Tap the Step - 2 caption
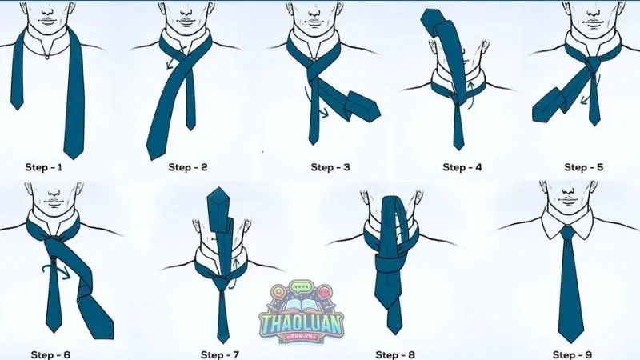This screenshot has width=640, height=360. (x=187, y=167)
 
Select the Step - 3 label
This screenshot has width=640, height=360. (x=330, y=167)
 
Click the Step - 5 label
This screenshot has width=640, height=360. (x=583, y=167)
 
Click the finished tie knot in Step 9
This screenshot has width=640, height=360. (x=568, y=232)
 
